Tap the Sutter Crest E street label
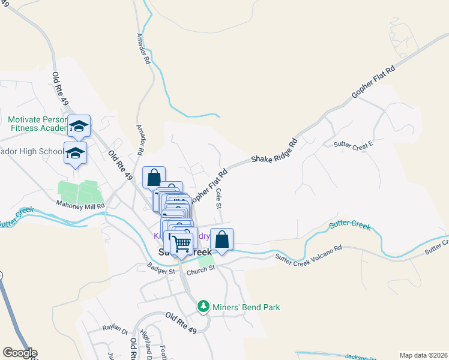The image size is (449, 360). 354,144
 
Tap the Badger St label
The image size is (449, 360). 162,271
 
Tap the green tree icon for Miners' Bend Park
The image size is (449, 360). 203,307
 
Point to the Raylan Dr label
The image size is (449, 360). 115,331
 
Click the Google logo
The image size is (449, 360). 20,353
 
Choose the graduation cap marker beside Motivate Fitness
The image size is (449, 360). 79,126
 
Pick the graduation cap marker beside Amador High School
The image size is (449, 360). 76,153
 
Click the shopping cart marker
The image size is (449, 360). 182,243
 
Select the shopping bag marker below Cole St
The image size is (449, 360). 221,239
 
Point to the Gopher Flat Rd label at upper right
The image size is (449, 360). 374,82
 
